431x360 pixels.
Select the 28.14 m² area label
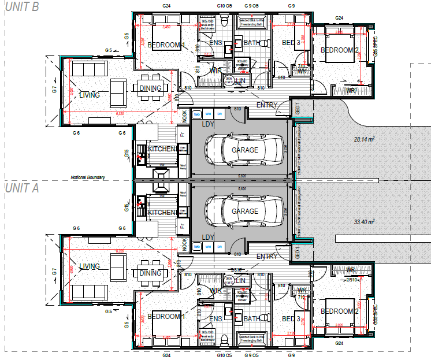(x=365, y=139)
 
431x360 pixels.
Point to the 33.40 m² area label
(x=365, y=221)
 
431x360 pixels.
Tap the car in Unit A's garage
(x=246, y=211)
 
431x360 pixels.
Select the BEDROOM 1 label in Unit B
(x=166, y=44)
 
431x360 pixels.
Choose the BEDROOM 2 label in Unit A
(x=340, y=311)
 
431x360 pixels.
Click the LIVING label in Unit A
(x=90, y=266)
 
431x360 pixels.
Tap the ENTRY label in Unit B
(x=267, y=105)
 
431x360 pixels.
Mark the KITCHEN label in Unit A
(x=162, y=212)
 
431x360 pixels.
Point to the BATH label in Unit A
(x=252, y=318)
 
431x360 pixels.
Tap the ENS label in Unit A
(x=216, y=318)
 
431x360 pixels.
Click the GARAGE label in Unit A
(x=245, y=211)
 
